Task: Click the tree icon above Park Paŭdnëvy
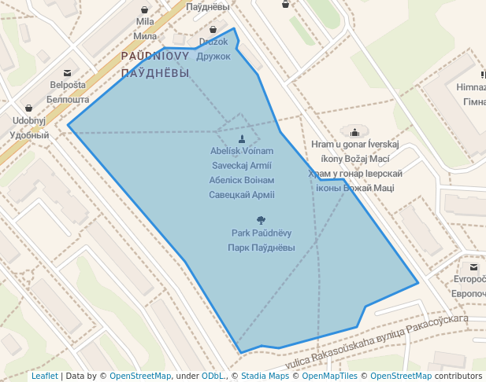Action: (261, 221)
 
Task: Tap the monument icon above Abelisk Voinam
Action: (242, 139)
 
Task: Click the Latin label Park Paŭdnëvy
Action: (261, 233)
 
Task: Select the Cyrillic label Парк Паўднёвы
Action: (261, 248)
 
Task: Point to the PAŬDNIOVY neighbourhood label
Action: (155, 57)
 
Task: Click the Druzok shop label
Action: (213, 42)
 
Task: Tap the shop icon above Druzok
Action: (213, 30)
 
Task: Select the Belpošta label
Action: (69, 85)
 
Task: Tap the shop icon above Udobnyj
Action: (29, 108)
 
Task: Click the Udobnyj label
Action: (29, 121)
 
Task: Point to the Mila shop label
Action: (145, 22)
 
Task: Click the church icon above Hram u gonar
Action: (355, 132)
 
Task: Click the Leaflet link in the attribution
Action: (44, 376)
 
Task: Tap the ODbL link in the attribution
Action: (213, 376)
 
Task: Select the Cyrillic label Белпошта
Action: (69, 100)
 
